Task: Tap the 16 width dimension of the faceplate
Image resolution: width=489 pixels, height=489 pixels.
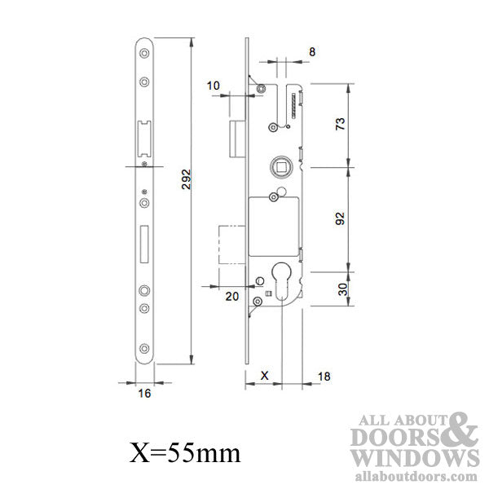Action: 144,391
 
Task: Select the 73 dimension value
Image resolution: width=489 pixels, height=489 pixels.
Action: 340,124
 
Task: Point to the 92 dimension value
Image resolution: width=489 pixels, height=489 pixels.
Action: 340,218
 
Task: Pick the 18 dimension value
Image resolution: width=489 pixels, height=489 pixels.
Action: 324,376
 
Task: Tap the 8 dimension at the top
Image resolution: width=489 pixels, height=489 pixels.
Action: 312,51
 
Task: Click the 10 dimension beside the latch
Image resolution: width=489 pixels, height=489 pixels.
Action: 214,85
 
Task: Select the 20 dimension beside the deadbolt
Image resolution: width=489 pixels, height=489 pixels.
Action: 231,296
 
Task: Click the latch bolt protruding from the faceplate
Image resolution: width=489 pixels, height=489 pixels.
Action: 236,138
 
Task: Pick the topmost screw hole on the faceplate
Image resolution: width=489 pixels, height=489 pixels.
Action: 144,55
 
